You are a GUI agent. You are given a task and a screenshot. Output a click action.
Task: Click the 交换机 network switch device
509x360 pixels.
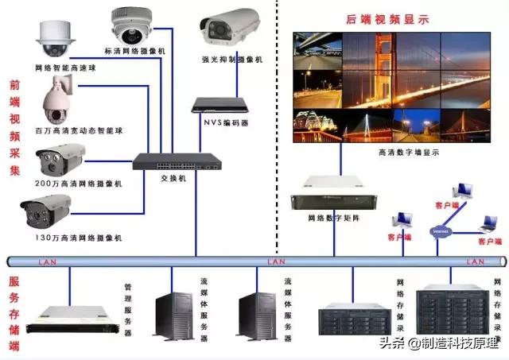[x=177, y=161]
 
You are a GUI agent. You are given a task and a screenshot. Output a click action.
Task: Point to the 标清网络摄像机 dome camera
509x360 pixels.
[x=131, y=26]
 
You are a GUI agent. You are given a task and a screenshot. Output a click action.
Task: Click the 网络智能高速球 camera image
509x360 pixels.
[x=53, y=39]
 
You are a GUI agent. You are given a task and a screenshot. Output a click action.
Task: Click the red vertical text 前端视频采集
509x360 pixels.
[x=14, y=127]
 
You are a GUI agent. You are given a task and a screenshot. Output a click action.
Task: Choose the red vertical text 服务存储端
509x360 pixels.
[x=14, y=313]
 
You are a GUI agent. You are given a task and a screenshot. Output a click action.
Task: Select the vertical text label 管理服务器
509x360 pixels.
[x=128, y=310]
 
